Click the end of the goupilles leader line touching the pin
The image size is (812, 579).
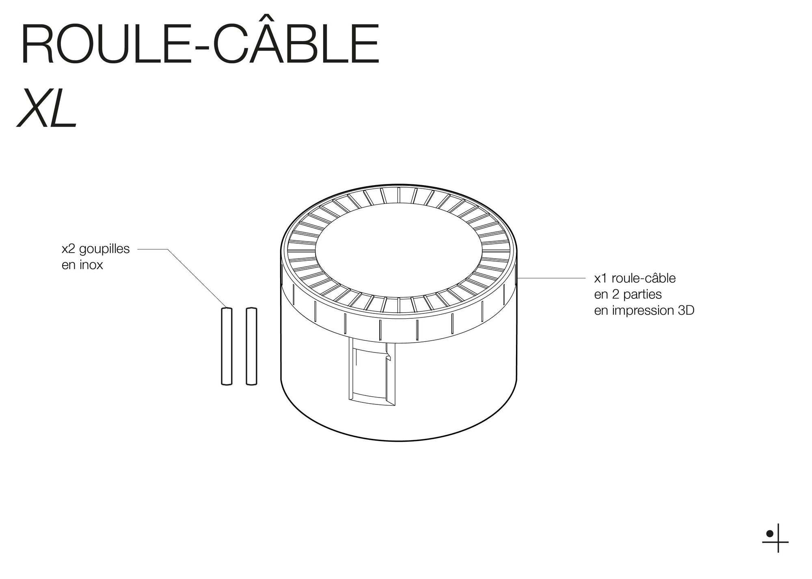pos(227,307)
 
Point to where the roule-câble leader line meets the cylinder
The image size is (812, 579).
pos(517,278)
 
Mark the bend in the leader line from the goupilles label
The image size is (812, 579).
pos(168,249)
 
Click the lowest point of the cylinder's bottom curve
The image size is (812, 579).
pos(399,441)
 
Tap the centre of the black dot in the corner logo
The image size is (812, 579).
pos(769,534)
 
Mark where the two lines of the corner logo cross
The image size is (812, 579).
pos(778,542)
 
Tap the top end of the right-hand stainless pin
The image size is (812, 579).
pos(252,308)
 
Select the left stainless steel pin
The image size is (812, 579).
pos(227,346)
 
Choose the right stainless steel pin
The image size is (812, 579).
pos(252,346)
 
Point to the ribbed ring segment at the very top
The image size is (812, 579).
pos(399,195)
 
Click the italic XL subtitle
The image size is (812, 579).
pos(46,108)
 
